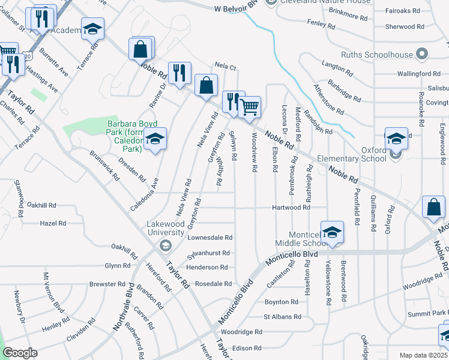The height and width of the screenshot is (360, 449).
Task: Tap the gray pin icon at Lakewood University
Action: coord(165,245)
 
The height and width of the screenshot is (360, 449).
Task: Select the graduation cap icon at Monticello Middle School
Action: coord(332,232)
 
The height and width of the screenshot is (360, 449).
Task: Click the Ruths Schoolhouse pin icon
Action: coord(422,55)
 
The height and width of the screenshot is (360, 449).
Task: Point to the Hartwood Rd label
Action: coord(291,208)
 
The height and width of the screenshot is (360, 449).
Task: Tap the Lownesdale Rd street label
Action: coord(209,238)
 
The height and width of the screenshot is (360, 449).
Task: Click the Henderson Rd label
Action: coord(207,267)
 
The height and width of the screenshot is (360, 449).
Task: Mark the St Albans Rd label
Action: coord(282,316)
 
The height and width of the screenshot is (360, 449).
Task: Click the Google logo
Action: coord(20,353)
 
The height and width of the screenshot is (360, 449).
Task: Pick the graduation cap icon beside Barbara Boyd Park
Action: coord(155,139)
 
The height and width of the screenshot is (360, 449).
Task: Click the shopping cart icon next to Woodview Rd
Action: coord(250,107)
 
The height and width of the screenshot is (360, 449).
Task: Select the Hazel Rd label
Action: coord(53,223)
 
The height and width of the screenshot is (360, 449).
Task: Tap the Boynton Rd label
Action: coord(282,302)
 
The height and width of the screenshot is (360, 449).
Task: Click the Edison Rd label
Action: coord(247,348)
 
